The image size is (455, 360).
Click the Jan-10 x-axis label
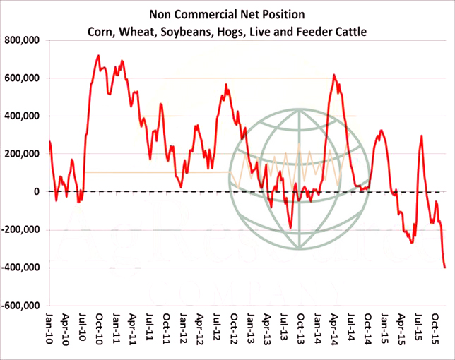coord(50,332)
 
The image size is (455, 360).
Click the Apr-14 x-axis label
coord(333,332)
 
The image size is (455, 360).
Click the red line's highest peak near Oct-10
coord(98,56)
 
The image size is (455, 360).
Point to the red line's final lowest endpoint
coord(444,268)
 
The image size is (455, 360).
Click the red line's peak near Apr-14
coord(333,75)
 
